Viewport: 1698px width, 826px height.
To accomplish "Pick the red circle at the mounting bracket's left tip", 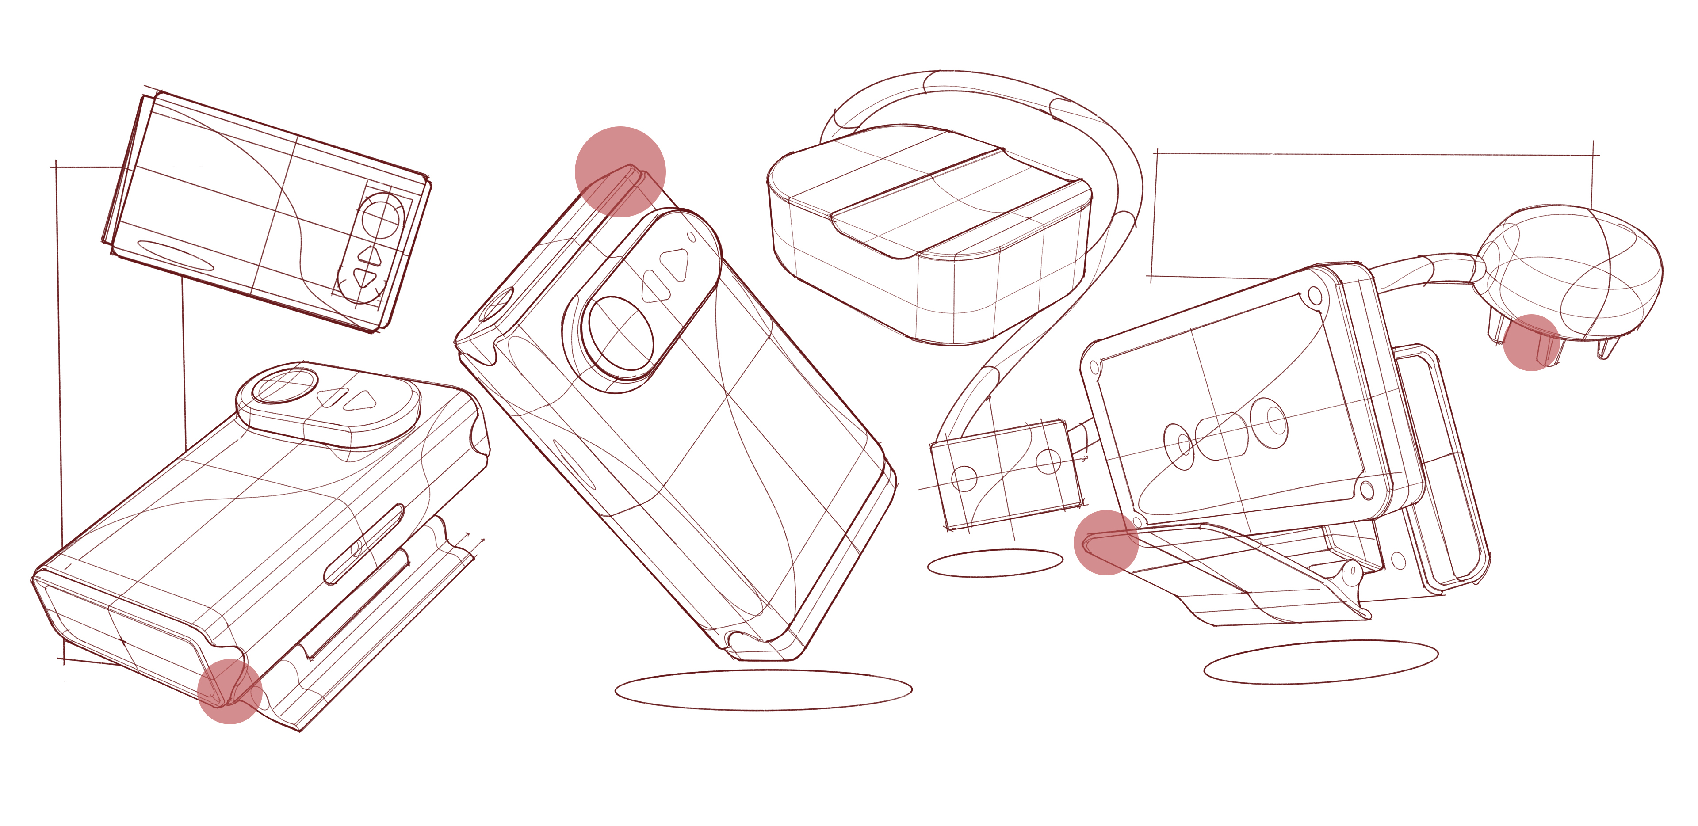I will click(1106, 542).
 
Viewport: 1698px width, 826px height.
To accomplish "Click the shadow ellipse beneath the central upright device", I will click(763, 689).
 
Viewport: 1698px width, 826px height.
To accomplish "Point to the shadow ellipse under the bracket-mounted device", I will click(1321, 662).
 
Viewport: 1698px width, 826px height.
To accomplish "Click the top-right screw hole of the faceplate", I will click(1315, 294).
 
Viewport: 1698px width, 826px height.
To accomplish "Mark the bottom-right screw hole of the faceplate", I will click(1366, 489).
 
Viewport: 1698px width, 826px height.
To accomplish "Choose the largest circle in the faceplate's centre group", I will click(1269, 422).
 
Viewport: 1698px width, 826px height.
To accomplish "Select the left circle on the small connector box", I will click(964, 479).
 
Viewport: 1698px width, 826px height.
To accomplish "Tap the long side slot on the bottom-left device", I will click(364, 544).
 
